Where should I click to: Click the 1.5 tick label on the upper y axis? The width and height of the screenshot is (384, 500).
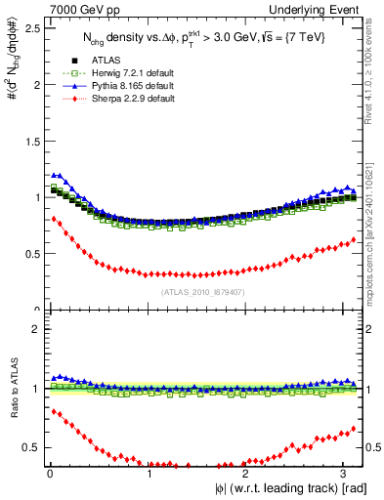[x=29, y=141]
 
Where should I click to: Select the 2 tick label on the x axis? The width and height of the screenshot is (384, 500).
[x=248, y=474]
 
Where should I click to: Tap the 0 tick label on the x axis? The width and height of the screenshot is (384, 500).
[x=50, y=474]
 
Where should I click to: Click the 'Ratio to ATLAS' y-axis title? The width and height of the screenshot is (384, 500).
[x=12, y=388]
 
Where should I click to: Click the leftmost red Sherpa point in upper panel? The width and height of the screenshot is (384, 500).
[x=54, y=219]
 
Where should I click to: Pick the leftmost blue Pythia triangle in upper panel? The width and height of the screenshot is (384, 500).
[x=54, y=175]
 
